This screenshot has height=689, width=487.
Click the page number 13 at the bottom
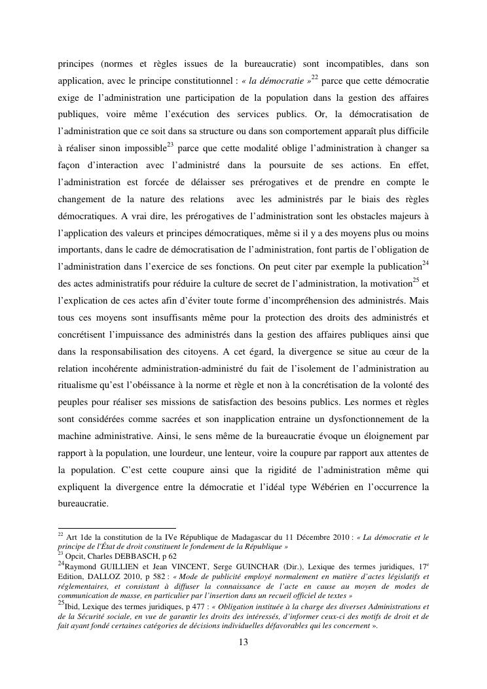[243, 642]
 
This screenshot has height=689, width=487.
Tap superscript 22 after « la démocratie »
[315, 77]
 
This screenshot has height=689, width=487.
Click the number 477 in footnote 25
[184, 607]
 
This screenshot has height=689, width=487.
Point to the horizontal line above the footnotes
[117, 527]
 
